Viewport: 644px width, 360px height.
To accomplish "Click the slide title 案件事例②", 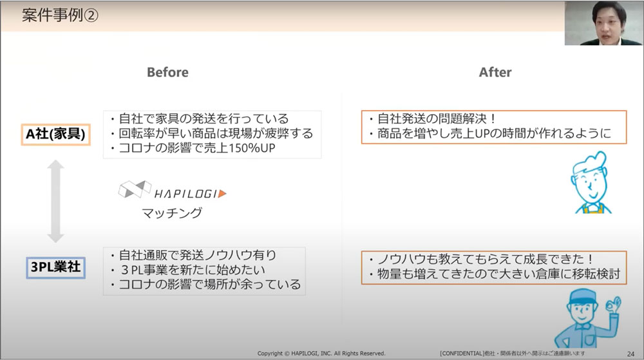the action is (x=60, y=15).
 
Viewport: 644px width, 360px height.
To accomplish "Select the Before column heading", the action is (x=167, y=72).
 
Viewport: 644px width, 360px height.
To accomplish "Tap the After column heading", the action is (x=495, y=72).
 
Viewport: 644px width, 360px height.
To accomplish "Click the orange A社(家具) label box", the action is (x=55, y=134).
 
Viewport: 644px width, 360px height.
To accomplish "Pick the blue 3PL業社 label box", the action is (x=55, y=267).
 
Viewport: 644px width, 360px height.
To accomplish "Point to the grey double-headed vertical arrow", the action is (x=55, y=201).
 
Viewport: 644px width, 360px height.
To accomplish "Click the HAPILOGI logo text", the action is (x=185, y=194).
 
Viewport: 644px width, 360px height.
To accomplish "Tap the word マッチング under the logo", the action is (x=172, y=213).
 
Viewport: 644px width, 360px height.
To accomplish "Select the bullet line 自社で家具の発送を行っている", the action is (x=200, y=118).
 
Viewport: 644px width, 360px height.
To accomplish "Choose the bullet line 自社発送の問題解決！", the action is (x=433, y=118).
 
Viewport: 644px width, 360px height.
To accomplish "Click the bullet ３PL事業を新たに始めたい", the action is (x=189, y=270).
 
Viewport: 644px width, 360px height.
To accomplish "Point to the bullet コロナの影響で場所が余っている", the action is (x=206, y=285).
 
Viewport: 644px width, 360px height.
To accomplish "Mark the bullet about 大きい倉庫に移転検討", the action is (x=495, y=274).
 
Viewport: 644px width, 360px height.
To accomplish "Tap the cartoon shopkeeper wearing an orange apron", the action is (x=590, y=183).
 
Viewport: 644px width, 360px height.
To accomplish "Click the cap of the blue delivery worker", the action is (x=582, y=296).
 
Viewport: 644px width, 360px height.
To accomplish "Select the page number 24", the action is (x=631, y=354).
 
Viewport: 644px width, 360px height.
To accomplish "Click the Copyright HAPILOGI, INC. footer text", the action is (x=321, y=354).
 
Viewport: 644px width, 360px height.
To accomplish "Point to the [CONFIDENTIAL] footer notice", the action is (x=512, y=354).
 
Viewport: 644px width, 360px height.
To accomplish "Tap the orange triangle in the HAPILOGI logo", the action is (x=222, y=193).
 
